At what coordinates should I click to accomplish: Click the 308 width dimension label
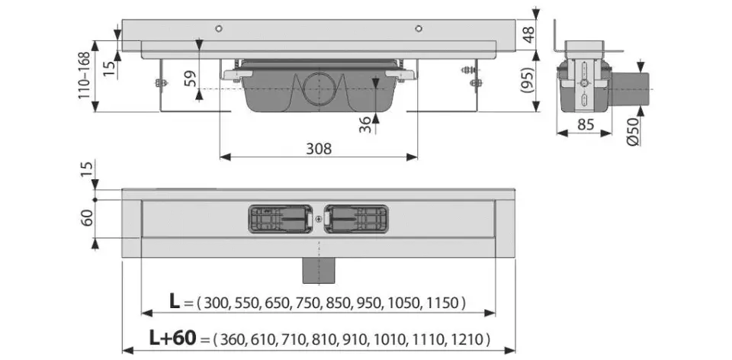coord(319,149)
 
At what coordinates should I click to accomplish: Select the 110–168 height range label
coord(84,76)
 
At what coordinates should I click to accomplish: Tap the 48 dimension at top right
coord(528,34)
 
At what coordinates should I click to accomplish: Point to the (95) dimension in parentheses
coord(528,82)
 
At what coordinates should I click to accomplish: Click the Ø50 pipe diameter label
coord(633,132)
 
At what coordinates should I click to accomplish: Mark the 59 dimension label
coord(190,78)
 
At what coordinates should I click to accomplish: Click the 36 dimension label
coord(365,124)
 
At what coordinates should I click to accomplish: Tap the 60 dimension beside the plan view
coord(87,217)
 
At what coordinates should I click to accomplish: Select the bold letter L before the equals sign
coord(174,301)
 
